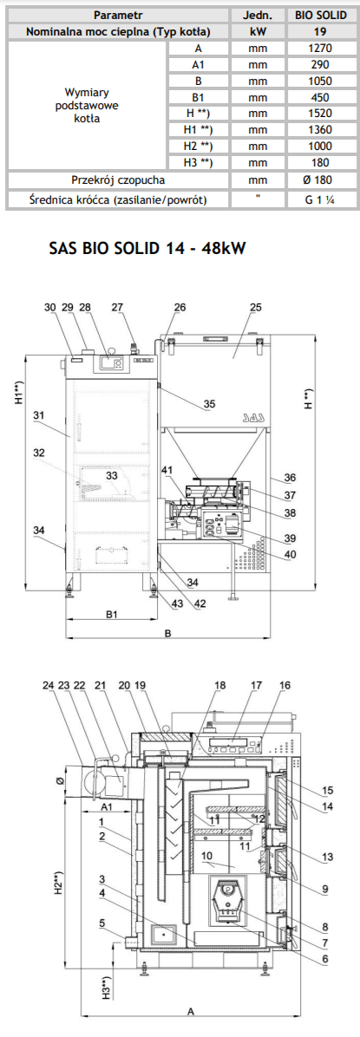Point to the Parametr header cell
tap(118, 16)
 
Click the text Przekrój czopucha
tap(118, 179)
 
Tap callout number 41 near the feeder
tap(166, 470)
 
